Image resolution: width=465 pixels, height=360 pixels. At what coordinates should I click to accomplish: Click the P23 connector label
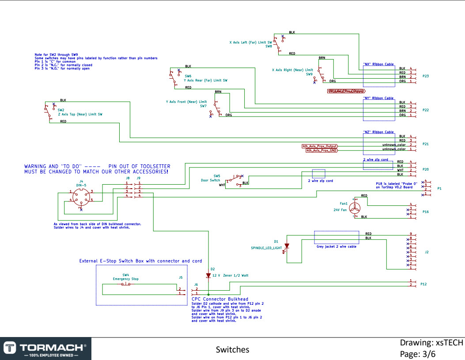(x=426, y=76)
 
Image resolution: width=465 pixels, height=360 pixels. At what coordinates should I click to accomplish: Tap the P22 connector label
(x=426, y=110)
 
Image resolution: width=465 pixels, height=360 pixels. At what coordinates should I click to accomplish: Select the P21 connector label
(x=426, y=144)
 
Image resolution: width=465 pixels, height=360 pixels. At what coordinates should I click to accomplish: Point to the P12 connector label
(x=423, y=283)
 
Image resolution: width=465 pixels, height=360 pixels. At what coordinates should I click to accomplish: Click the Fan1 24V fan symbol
(x=356, y=208)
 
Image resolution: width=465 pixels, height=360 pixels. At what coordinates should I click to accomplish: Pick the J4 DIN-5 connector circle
(x=80, y=197)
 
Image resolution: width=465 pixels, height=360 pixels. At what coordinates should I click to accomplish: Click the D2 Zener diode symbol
(x=208, y=275)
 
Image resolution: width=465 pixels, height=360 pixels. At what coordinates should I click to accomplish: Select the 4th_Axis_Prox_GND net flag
(x=321, y=151)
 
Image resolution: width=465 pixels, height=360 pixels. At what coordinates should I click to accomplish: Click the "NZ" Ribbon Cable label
(x=378, y=132)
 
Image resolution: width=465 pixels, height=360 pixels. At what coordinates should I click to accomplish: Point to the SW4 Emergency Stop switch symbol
(x=126, y=284)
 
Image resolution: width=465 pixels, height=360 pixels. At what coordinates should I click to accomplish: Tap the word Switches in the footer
(x=232, y=350)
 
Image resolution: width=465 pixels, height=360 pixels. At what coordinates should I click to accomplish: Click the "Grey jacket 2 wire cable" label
(x=336, y=246)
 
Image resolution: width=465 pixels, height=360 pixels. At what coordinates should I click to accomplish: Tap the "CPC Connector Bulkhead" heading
(x=220, y=299)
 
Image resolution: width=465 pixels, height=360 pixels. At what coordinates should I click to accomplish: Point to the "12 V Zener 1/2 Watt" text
(x=230, y=275)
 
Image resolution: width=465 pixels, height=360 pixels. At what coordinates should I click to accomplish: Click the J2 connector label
(x=427, y=252)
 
